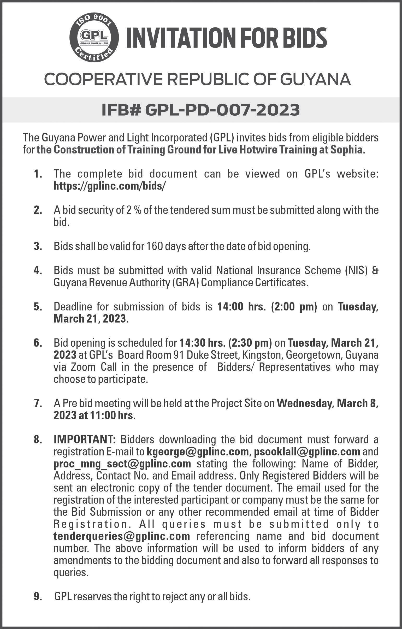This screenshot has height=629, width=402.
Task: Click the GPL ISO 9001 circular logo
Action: tap(94, 38)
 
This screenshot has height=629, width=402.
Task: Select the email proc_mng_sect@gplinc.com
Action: tap(122, 463)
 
